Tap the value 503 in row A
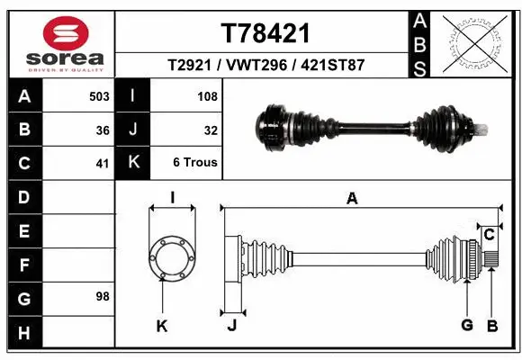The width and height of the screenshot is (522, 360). (99, 95)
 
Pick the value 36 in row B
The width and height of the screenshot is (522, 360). (103, 130)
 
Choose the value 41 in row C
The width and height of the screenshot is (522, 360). (103, 164)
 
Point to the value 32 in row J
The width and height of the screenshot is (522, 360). (211, 130)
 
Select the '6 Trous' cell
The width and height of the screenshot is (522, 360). (195, 164)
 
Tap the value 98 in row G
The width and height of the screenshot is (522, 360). (102, 296)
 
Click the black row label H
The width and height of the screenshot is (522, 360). (23, 333)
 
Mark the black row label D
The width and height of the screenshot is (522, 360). (23, 196)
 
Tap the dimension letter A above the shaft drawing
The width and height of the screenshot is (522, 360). (352, 198)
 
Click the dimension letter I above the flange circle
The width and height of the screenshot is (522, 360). (172, 198)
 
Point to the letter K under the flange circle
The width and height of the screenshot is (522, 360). (162, 326)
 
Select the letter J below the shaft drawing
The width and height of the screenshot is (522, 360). (231, 326)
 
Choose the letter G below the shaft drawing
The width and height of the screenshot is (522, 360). (467, 326)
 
